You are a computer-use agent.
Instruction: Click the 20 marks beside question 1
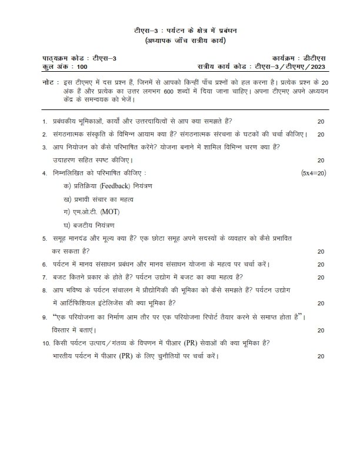[321, 121]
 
